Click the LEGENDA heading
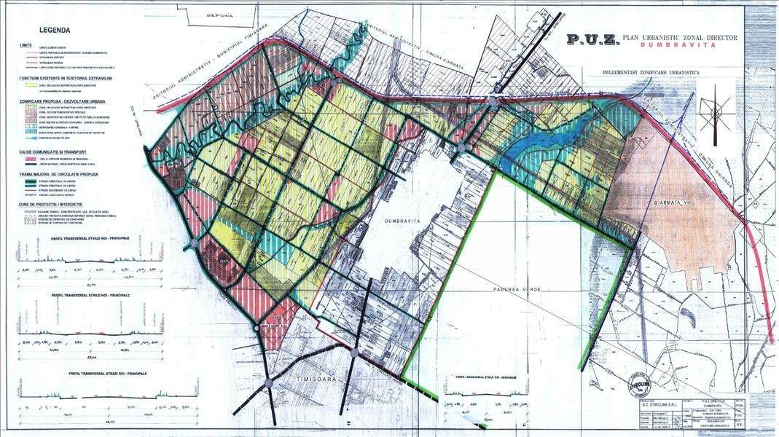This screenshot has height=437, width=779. tap(55, 31)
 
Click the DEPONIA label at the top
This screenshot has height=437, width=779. tap(219, 15)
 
